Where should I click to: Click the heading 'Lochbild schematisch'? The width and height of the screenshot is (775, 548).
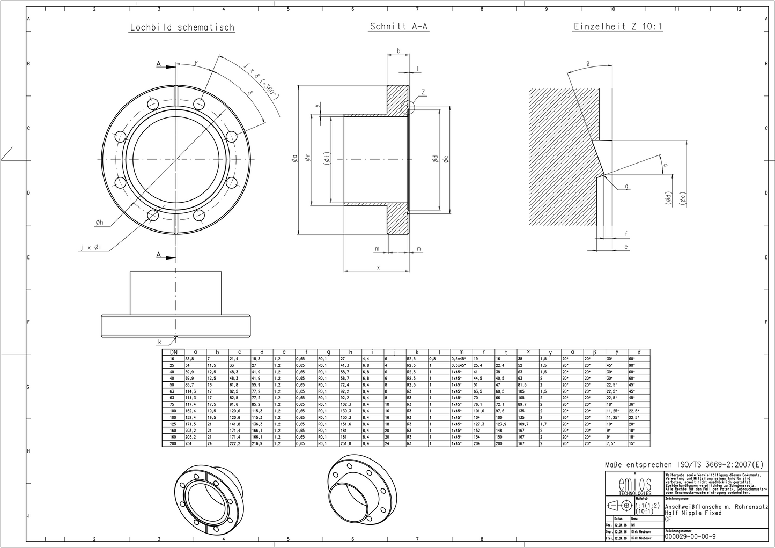[x=182, y=27]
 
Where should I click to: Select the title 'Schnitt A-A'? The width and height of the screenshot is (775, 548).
[x=398, y=26]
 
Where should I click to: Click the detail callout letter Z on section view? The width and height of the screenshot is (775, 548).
[x=423, y=92]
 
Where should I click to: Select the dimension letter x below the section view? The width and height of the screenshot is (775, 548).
[x=378, y=266]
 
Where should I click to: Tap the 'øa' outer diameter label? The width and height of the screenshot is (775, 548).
[x=294, y=158]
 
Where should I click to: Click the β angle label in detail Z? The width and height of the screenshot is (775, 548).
[x=588, y=63]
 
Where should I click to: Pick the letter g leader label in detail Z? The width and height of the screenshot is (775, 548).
[x=626, y=187]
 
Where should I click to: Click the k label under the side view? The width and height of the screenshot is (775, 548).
[x=159, y=341]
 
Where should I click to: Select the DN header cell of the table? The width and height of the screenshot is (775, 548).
[x=173, y=352]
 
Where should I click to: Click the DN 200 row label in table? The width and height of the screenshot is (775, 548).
[x=173, y=443]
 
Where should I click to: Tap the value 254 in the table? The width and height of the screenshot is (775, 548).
[x=189, y=443]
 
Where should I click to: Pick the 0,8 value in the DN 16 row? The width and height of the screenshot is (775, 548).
[x=432, y=358]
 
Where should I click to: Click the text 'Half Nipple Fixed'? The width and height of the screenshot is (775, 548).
[x=693, y=513]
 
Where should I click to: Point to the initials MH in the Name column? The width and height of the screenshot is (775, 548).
[x=634, y=525]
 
